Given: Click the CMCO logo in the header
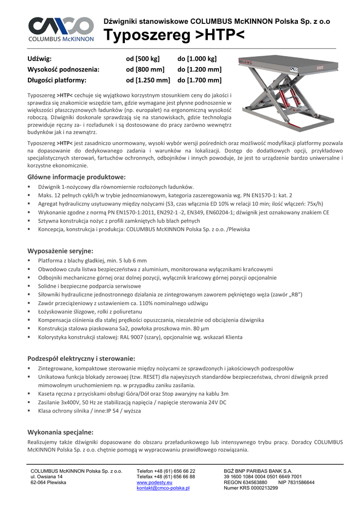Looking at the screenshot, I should [61, 28].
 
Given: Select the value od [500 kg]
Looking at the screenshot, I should [143, 59].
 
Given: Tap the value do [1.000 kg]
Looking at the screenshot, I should [197, 59].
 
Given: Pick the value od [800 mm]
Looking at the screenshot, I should [145, 69].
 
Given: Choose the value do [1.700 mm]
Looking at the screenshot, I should [199, 80].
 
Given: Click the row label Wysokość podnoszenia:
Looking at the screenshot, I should [63, 69].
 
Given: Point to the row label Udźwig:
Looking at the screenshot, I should [39, 59].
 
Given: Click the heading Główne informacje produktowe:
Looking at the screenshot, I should [76, 177].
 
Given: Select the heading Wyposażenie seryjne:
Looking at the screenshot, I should [60, 251].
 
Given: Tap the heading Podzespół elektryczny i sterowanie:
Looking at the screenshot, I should [81, 358].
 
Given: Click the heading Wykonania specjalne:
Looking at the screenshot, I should [60, 432].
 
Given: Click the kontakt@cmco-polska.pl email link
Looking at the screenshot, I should [163, 488].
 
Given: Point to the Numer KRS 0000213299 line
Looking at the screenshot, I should [251, 488].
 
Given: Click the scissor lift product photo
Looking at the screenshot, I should [286, 94].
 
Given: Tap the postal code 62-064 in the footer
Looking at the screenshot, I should [39, 482].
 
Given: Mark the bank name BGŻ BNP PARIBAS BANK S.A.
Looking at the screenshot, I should [259, 471].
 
